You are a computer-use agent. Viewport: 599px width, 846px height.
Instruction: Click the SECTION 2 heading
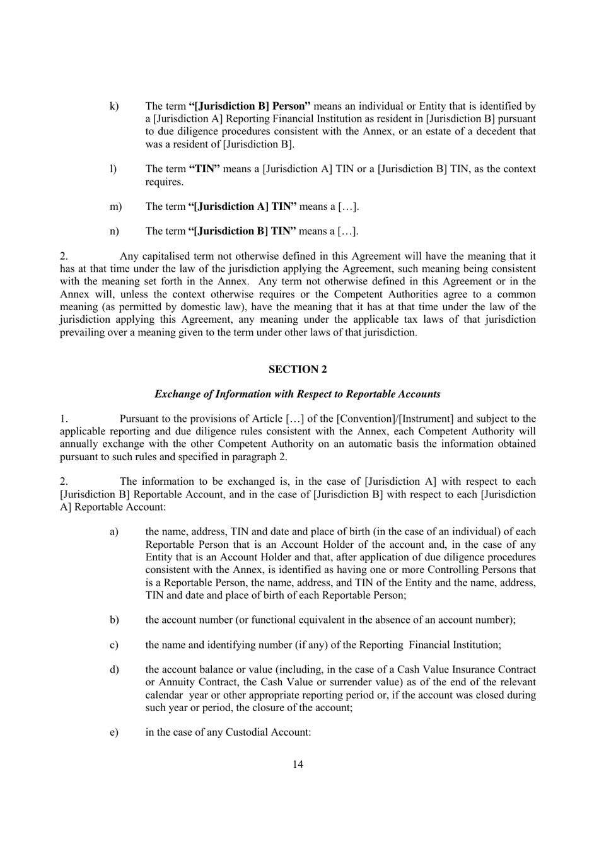tap(298, 369)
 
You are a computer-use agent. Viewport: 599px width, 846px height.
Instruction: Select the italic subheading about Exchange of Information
tap(298, 394)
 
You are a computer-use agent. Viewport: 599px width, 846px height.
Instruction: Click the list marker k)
tap(114, 107)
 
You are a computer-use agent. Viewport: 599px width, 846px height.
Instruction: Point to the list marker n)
tap(114, 231)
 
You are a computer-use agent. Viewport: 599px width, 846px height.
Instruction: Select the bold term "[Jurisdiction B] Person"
tap(250, 107)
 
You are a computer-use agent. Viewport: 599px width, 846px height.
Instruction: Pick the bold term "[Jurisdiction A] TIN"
tap(243, 207)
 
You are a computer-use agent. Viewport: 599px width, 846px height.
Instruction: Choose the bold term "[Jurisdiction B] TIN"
tap(243, 231)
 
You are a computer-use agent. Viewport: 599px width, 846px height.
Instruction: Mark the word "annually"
tap(78, 444)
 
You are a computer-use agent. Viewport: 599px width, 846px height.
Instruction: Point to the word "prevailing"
tap(83, 332)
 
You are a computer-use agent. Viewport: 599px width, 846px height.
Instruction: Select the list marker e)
tap(114, 733)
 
